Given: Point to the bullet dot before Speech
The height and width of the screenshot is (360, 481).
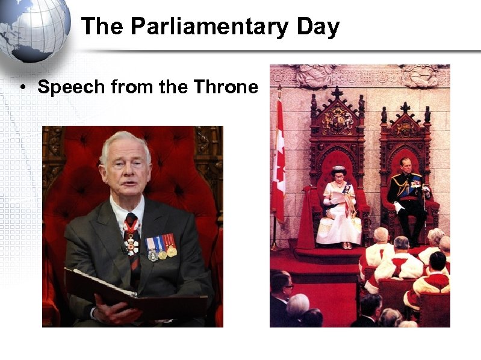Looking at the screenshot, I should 21,88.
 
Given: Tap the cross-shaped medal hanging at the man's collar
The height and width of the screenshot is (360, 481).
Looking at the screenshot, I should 132,243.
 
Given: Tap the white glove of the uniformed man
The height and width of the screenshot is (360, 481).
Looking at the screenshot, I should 398,208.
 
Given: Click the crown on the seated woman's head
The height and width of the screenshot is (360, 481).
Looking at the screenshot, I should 338,169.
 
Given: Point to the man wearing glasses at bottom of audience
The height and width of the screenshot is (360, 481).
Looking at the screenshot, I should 281,289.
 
